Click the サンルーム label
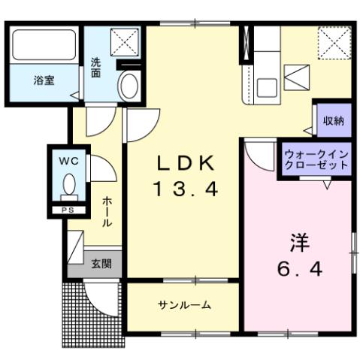pos(184,305)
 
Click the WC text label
pos(68,160)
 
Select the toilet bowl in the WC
pos(69,183)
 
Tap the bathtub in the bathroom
pos(42,47)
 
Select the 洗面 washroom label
pos(97,68)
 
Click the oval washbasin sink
pos(129,85)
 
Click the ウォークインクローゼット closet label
pos(316,159)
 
